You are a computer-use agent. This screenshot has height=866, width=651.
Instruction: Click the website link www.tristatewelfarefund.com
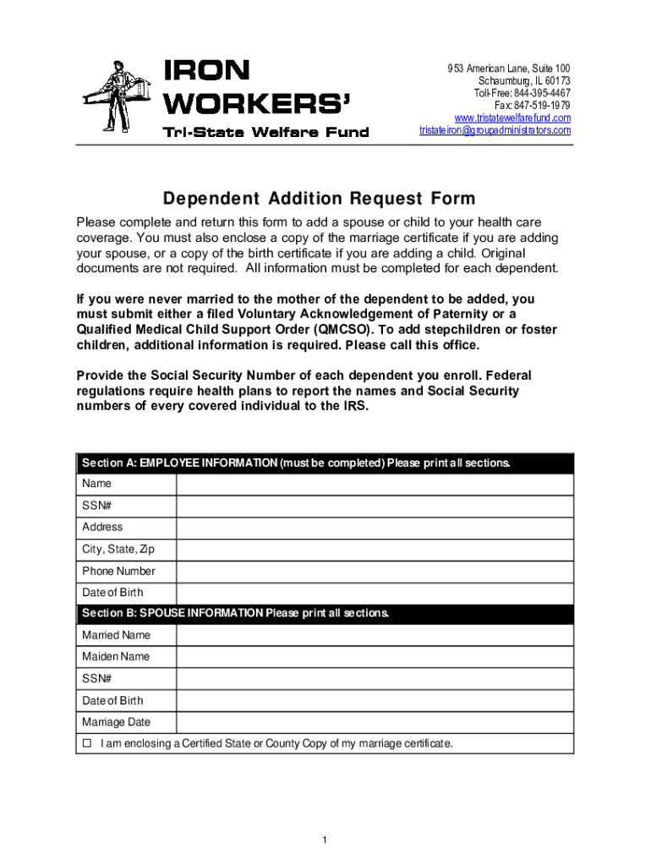[x=512, y=118]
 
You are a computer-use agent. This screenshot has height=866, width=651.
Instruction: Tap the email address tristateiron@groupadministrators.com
[x=495, y=130]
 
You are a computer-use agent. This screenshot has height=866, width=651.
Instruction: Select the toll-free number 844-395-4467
[x=522, y=92]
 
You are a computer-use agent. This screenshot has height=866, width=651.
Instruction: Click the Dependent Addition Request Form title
[x=319, y=200]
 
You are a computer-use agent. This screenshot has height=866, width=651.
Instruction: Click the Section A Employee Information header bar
[x=325, y=463]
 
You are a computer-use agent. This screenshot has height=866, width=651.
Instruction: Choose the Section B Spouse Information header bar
[x=325, y=613]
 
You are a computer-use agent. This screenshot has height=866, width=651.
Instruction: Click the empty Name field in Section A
[x=374, y=484]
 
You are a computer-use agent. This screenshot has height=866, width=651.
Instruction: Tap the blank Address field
[x=374, y=528]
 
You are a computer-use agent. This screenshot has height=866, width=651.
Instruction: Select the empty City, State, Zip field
[x=374, y=550]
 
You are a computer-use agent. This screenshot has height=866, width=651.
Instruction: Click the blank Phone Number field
[x=374, y=571]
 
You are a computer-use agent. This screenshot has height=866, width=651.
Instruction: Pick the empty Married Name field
[x=374, y=635]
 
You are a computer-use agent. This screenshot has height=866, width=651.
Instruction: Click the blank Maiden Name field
[x=374, y=657]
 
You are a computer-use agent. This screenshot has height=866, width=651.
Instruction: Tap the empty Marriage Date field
[x=374, y=722]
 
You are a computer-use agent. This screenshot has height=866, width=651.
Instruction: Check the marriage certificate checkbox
[x=86, y=744]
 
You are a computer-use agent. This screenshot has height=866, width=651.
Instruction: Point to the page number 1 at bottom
[x=324, y=840]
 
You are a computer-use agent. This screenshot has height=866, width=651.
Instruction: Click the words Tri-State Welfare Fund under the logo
[x=265, y=131]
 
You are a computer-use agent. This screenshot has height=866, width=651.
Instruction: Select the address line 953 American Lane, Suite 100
[x=509, y=68]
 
